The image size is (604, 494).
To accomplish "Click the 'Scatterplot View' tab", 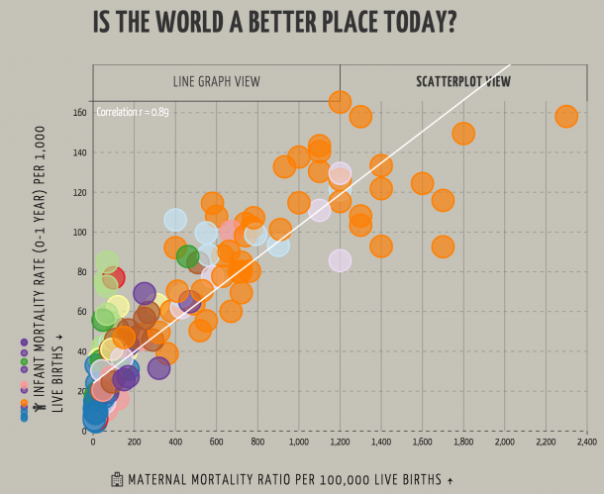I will coord(463,81).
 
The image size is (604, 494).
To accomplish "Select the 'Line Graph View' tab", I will coord(215,81).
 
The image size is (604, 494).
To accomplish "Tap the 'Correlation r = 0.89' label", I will coord(133,112).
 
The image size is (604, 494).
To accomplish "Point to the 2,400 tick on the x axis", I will coord(586,442).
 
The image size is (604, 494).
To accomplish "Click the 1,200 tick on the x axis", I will coord(340,442).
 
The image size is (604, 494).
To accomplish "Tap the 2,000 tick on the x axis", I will coord(504,442).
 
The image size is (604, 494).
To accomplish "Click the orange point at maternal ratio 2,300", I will coord(566,117).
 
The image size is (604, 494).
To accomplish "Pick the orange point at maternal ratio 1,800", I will coord(463,133).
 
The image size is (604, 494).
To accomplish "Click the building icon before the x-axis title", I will coord(117,479).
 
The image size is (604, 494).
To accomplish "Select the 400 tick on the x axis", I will coord(175,442).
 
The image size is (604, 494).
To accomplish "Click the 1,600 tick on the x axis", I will coord(422,442).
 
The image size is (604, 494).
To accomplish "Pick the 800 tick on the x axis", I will coord(257,442).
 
